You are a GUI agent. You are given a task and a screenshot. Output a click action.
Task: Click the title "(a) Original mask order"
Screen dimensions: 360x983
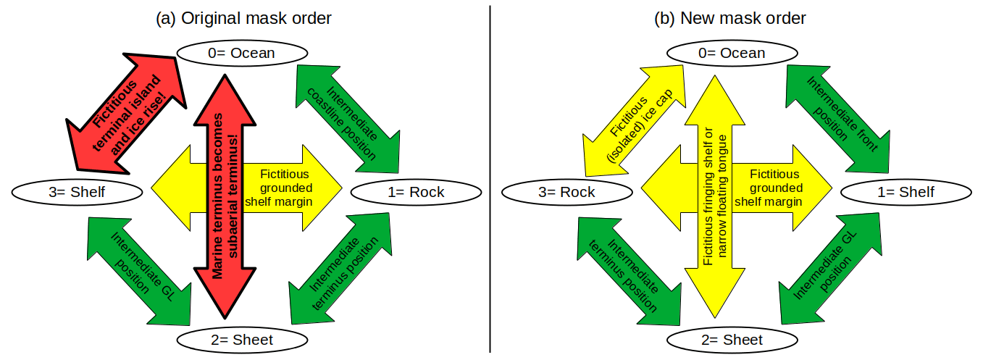[243, 18]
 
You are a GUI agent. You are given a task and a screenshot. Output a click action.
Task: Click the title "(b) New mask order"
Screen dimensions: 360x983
[730, 18]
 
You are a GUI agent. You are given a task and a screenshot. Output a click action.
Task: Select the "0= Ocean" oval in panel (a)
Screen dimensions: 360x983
[242, 53]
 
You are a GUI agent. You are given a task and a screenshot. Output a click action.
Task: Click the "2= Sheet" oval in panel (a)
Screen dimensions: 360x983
[242, 340]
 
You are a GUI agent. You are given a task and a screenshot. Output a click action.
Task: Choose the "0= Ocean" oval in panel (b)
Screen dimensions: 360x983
[732, 53]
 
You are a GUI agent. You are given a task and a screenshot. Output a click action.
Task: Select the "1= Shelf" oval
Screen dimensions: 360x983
[896, 192]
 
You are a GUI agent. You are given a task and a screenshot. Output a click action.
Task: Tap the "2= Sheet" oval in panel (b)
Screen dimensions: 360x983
[732, 340]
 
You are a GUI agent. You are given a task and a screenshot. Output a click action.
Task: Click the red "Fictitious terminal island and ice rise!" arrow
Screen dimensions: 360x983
[127, 112]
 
